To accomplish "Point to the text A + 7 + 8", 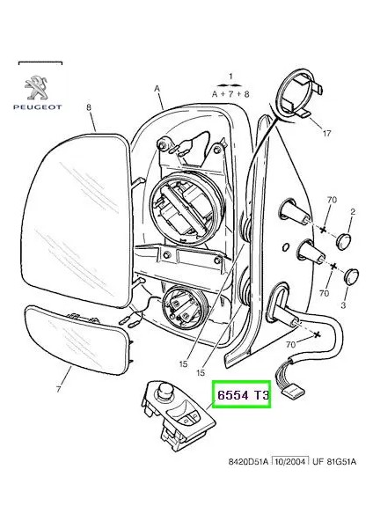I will pos(230,92).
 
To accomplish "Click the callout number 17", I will pos(326,135).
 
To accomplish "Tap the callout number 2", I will pos(353,212).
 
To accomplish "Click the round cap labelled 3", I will pos(352,275).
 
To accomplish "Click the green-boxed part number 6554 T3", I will pos(240,397).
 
